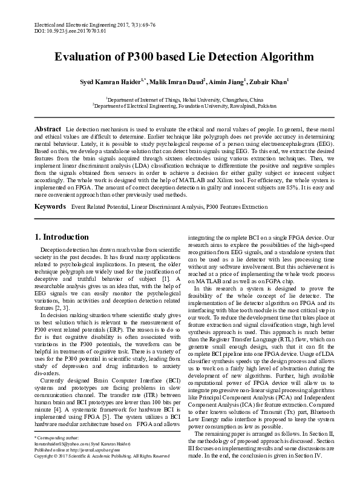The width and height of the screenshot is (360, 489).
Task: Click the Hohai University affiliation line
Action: tap(185, 99)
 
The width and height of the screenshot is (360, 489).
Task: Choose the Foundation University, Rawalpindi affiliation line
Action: tap(185, 105)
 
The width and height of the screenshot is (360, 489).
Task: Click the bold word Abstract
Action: tap(48, 130)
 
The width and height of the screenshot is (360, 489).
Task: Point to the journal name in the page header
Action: tap(79, 22)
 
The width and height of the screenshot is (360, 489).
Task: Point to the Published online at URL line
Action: tap(73, 466)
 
